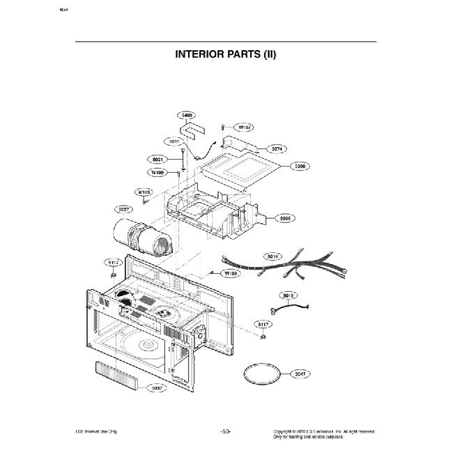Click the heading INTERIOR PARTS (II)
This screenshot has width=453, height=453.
click(x=226, y=54)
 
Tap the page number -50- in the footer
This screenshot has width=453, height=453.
click(x=226, y=432)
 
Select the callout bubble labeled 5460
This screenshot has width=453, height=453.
click(x=187, y=115)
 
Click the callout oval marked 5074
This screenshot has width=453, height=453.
click(x=277, y=148)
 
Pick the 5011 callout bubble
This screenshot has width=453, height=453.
click(x=174, y=141)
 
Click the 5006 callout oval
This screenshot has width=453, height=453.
click(x=286, y=217)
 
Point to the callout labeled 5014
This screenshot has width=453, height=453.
click(x=274, y=257)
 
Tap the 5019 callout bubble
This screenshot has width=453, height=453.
click(x=290, y=295)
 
